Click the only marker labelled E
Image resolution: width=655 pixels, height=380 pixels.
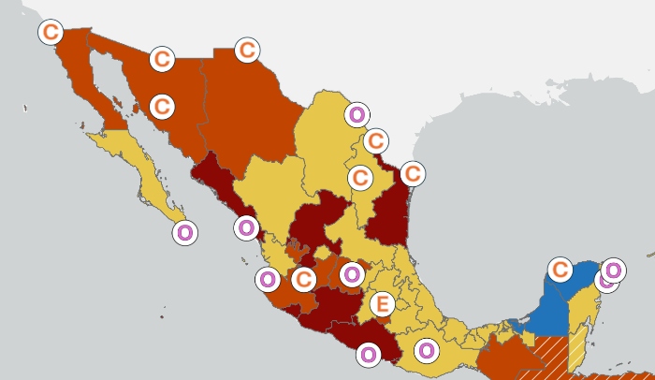point(380,304)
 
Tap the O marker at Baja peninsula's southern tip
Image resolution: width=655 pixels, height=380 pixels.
point(185,232)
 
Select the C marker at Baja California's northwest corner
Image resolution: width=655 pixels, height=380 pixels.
point(51,32)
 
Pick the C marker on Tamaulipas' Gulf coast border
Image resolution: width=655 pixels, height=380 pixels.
point(413,173)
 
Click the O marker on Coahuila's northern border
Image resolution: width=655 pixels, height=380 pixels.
point(357,115)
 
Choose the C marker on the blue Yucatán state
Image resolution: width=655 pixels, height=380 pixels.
point(560,270)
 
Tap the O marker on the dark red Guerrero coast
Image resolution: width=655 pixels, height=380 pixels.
point(368,354)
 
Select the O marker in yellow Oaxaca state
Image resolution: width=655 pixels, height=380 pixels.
point(426,351)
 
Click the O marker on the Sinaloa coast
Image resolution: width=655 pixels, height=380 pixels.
point(246,227)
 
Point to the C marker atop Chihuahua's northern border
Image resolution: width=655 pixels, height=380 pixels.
point(247,50)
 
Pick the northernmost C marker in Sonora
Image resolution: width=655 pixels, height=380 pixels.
point(162,59)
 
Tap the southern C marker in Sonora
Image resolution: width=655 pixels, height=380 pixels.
point(162,106)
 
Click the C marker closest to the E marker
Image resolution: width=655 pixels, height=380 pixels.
point(303,279)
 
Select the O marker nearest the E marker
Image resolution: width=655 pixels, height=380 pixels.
point(351,274)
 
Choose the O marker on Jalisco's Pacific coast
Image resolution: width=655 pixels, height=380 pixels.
point(268,278)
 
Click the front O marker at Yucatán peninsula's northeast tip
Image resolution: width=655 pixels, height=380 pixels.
point(614,270)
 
